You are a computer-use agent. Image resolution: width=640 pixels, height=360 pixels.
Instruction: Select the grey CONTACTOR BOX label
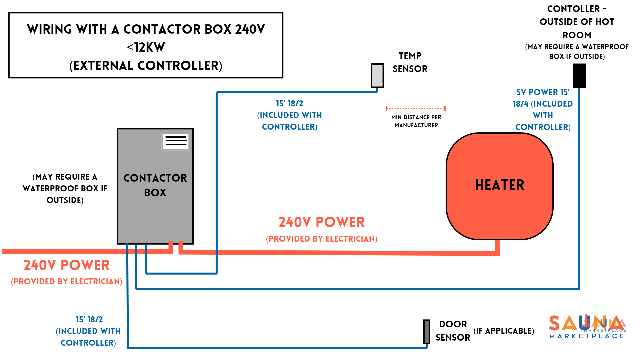155,185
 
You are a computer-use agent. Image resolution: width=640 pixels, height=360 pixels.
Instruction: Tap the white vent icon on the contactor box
176,141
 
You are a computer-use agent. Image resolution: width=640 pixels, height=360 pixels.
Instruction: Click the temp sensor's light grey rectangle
377,76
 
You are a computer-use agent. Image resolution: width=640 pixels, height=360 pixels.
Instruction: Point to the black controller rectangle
579,76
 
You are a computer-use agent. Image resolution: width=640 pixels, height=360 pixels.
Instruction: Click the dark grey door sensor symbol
426,331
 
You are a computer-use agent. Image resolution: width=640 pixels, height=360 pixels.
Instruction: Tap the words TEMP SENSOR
410,62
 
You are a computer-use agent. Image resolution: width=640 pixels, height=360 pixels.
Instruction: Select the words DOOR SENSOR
453,331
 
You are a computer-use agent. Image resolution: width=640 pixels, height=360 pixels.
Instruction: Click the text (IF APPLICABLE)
504,331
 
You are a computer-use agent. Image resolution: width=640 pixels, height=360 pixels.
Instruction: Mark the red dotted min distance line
415,108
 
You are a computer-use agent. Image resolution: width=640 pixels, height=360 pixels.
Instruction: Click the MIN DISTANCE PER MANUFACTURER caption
416,121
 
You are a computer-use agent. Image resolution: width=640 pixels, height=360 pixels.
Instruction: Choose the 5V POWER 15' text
543,92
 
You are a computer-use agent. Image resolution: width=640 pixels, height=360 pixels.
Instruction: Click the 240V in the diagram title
250,29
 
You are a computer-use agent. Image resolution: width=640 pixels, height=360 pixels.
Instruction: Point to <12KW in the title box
146,47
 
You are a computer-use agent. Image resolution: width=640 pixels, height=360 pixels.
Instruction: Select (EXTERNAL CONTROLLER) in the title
146,66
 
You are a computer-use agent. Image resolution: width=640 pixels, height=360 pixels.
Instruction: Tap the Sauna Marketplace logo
587,327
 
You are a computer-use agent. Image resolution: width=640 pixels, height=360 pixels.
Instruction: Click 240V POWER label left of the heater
321,222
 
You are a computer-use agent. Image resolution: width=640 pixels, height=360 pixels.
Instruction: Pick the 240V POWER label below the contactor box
67,265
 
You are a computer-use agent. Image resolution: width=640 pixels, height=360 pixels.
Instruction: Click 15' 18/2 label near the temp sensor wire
289,104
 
